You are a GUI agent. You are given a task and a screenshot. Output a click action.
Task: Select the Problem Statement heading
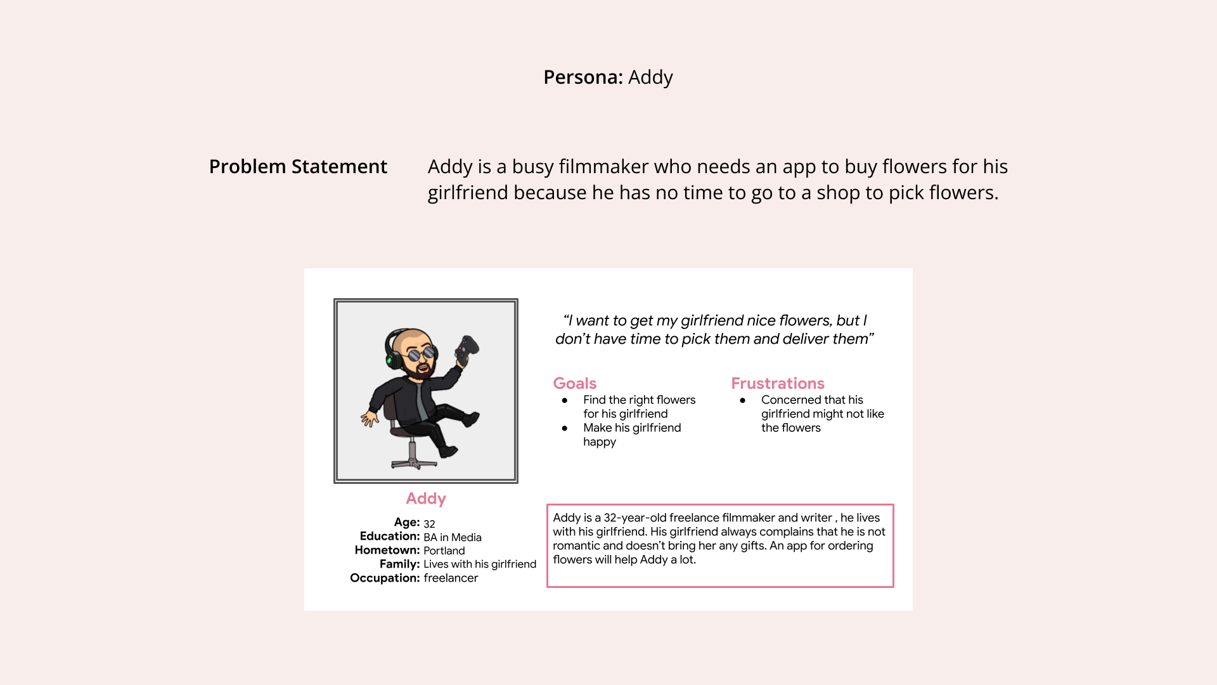click(298, 167)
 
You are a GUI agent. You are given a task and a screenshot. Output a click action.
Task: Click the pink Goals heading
click(574, 384)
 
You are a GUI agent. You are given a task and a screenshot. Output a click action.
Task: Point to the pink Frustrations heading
click(777, 384)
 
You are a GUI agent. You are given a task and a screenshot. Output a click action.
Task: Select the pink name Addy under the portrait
click(426, 499)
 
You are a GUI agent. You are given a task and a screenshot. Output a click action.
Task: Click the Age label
click(406, 523)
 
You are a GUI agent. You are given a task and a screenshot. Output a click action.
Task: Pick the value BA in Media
click(452, 537)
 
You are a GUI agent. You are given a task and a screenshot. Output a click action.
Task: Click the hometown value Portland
click(444, 551)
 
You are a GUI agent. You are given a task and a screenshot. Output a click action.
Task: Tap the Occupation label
click(385, 578)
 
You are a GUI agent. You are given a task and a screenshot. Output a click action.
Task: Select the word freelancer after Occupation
click(451, 578)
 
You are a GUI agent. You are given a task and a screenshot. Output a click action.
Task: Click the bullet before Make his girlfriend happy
click(565, 428)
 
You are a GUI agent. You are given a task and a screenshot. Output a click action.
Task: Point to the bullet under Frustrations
click(743, 400)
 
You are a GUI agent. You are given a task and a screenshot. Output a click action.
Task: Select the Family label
click(399, 564)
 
